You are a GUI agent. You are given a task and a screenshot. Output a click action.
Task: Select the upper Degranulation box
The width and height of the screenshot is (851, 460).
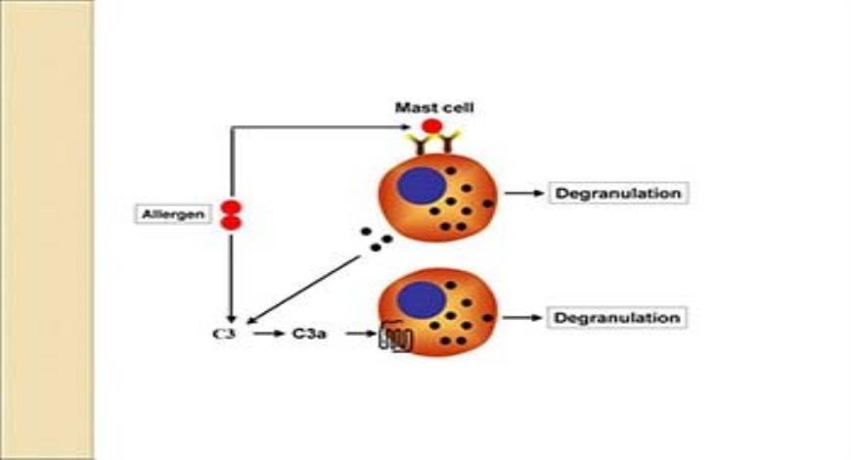point(617,193)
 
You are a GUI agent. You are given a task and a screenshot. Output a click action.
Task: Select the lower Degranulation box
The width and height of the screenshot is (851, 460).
point(617,318)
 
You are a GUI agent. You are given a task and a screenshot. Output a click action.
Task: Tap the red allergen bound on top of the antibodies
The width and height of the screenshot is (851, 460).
point(431,126)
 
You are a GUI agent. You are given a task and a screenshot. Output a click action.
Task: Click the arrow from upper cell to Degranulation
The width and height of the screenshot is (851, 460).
point(523,193)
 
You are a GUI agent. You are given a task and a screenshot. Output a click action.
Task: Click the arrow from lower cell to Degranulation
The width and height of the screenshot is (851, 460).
point(523,318)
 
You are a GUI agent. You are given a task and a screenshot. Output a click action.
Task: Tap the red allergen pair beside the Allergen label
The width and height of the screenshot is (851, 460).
point(231,215)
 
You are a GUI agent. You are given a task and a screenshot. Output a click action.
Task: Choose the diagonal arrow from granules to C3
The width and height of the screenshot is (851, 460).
point(303,289)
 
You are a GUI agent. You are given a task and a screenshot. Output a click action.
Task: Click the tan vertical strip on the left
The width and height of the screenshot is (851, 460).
point(46,230)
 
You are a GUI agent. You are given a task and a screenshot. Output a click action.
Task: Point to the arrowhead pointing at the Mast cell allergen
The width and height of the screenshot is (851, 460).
point(412,126)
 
